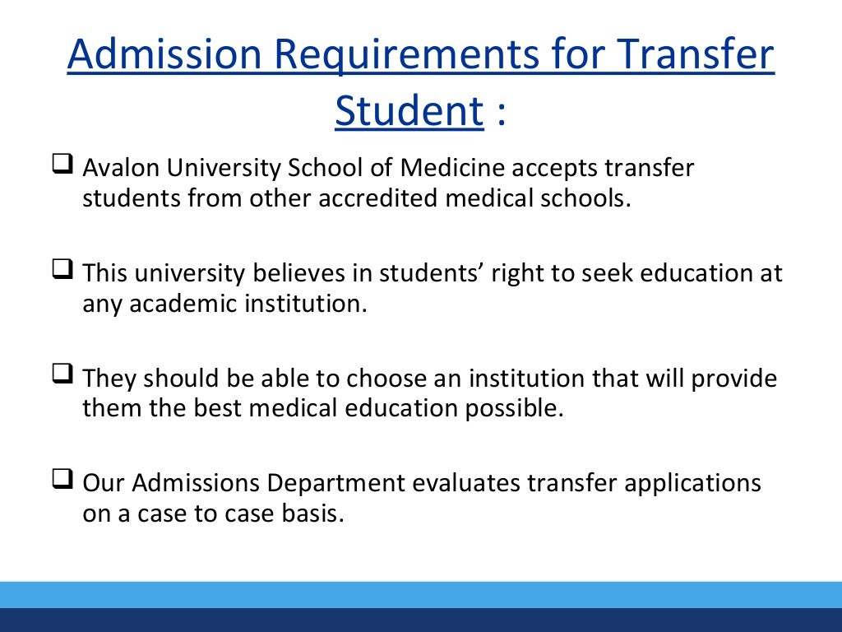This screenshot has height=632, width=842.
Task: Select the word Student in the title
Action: click(x=409, y=111)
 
